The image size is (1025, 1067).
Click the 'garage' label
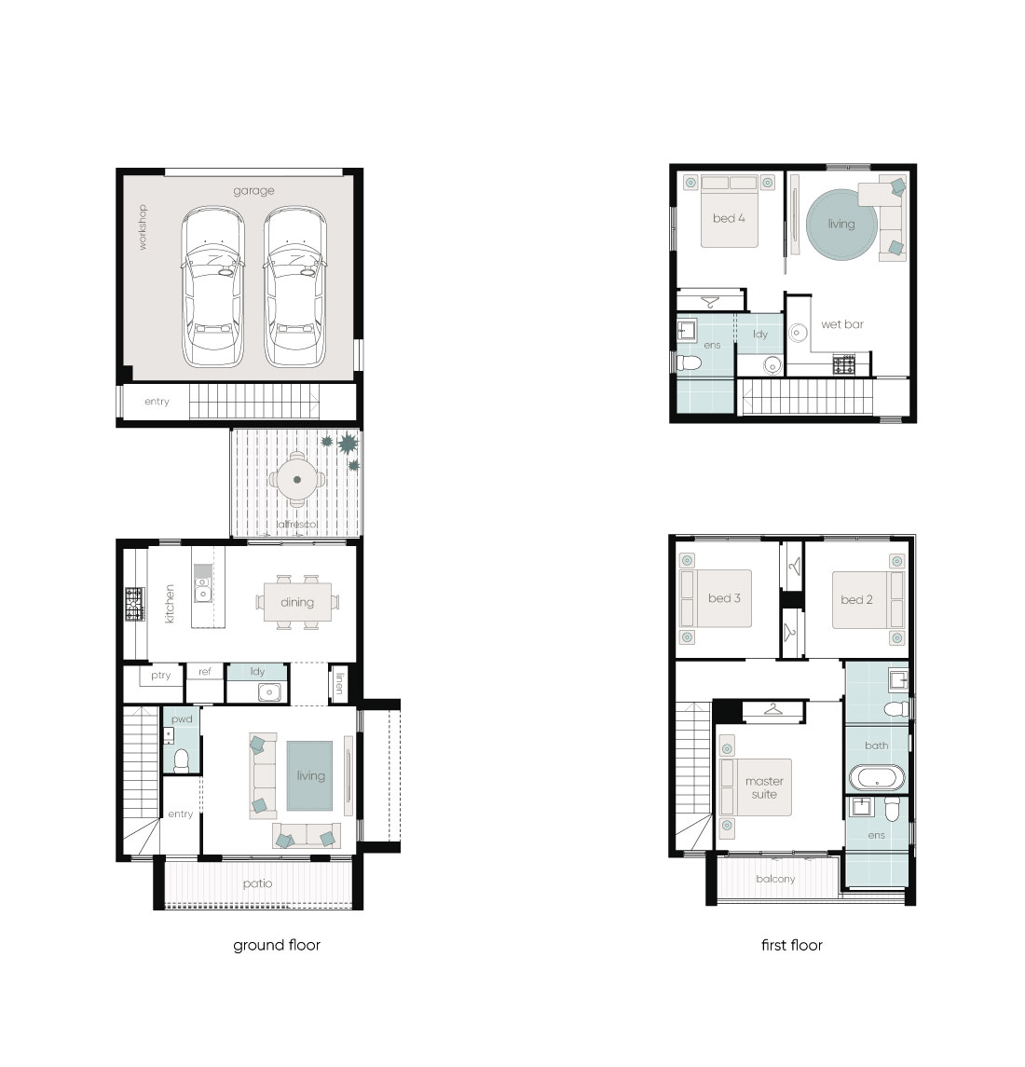point(253,191)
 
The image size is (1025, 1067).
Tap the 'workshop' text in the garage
point(143,227)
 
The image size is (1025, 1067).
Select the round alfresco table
point(296,479)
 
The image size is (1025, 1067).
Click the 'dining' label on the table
point(297,602)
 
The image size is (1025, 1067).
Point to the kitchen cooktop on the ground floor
point(135,604)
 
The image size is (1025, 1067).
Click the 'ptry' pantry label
point(161,676)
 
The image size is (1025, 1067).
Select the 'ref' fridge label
point(205,672)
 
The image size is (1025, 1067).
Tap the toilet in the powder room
point(182,760)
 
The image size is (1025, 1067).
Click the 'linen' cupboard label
point(339,683)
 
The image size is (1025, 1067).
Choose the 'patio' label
point(257,884)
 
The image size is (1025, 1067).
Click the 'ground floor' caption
point(277,945)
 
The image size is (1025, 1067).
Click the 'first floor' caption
point(791,945)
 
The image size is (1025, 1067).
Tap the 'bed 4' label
point(729,218)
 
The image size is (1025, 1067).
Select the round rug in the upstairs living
point(841,225)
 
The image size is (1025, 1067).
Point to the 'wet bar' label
point(842,324)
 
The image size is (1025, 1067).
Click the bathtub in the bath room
point(878,777)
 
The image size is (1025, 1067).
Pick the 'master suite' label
point(764,787)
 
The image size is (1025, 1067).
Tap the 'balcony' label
point(775,879)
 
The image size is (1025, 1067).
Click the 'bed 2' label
point(856,599)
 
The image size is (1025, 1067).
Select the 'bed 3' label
point(724,598)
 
